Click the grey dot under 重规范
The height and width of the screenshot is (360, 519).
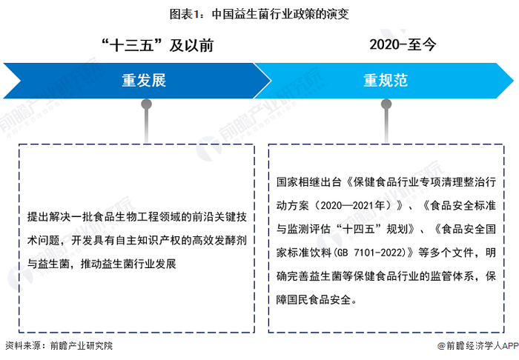click(x=385, y=104)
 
